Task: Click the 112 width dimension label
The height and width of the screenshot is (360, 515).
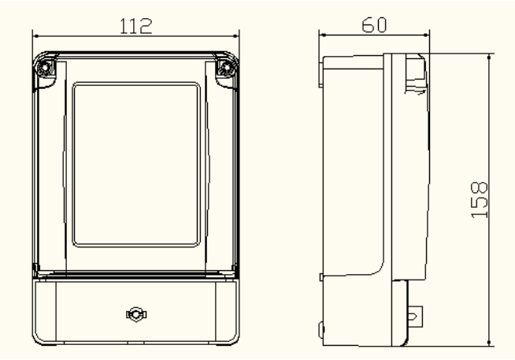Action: pyautogui.click(x=136, y=26)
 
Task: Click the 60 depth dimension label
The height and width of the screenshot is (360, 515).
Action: pyautogui.click(x=374, y=25)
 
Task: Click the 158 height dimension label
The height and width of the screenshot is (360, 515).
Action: pyautogui.click(x=480, y=200)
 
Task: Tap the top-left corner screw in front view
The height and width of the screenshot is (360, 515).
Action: pyautogui.click(x=44, y=69)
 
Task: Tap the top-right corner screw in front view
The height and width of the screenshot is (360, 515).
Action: pyautogui.click(x=227, y=69)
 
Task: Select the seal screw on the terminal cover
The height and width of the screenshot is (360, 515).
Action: pyautogui.click(x=136, y=314)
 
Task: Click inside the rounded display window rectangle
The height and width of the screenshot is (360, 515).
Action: pyautogui.click(x=136, y=164)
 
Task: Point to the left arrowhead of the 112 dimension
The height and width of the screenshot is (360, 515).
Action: pyautogui.click(x=36, y=35)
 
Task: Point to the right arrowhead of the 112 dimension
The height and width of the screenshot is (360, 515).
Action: pyautogui.click(x=235, y=35)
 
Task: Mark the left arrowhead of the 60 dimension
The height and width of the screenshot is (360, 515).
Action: pyautogui.click(x=323, y=35)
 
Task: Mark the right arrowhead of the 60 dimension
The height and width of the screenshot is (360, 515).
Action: pyautogui.click(x=426, y=35)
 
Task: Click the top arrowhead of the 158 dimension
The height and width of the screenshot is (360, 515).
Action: pyautogui.click(x=489, y=58)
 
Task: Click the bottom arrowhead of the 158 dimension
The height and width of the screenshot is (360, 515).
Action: pyautogui.click(x=489, y=342)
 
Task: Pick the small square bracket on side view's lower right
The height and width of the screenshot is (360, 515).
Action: pyautogui.click(x=415, y=317)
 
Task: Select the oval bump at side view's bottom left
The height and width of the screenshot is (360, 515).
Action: pyautogui.click(x=321, y=329)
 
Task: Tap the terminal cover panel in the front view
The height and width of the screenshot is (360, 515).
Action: pyautogui.click(x=136, y=311)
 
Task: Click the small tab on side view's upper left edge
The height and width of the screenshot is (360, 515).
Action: pyautogui.click(x=320, y=72)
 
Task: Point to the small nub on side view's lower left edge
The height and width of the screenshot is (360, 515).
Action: pyautogui.click(x=321, y=277)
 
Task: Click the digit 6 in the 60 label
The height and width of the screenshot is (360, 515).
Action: pyautogui.click(x=368, y=25)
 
